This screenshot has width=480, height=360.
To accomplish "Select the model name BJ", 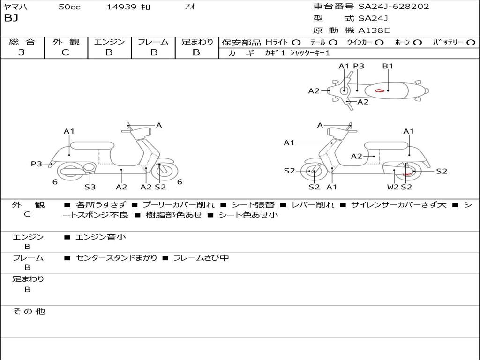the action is click(11, 19).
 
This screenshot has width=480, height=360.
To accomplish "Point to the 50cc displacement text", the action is click(69, 7).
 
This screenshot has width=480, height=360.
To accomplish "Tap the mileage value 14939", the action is click(121, 7).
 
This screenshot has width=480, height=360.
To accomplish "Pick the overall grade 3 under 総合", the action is click(22, 52).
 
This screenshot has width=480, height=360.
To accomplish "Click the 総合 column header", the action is click(22, 42).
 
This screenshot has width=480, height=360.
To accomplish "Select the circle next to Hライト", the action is click(296, 42).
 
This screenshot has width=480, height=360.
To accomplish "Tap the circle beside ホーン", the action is click(418, 42).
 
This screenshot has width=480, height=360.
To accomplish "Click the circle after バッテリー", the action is click(471, 42).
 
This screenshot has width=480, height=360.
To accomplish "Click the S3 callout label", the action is click(90, 187).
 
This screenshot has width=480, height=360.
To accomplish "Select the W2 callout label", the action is click(393, 187).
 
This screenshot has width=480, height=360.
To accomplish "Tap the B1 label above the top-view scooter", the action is click(388, 66).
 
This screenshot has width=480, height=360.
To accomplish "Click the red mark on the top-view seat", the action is click(380, 90).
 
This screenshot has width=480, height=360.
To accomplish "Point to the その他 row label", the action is click(29, 311).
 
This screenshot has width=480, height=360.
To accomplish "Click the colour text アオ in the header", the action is click(190, 7).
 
